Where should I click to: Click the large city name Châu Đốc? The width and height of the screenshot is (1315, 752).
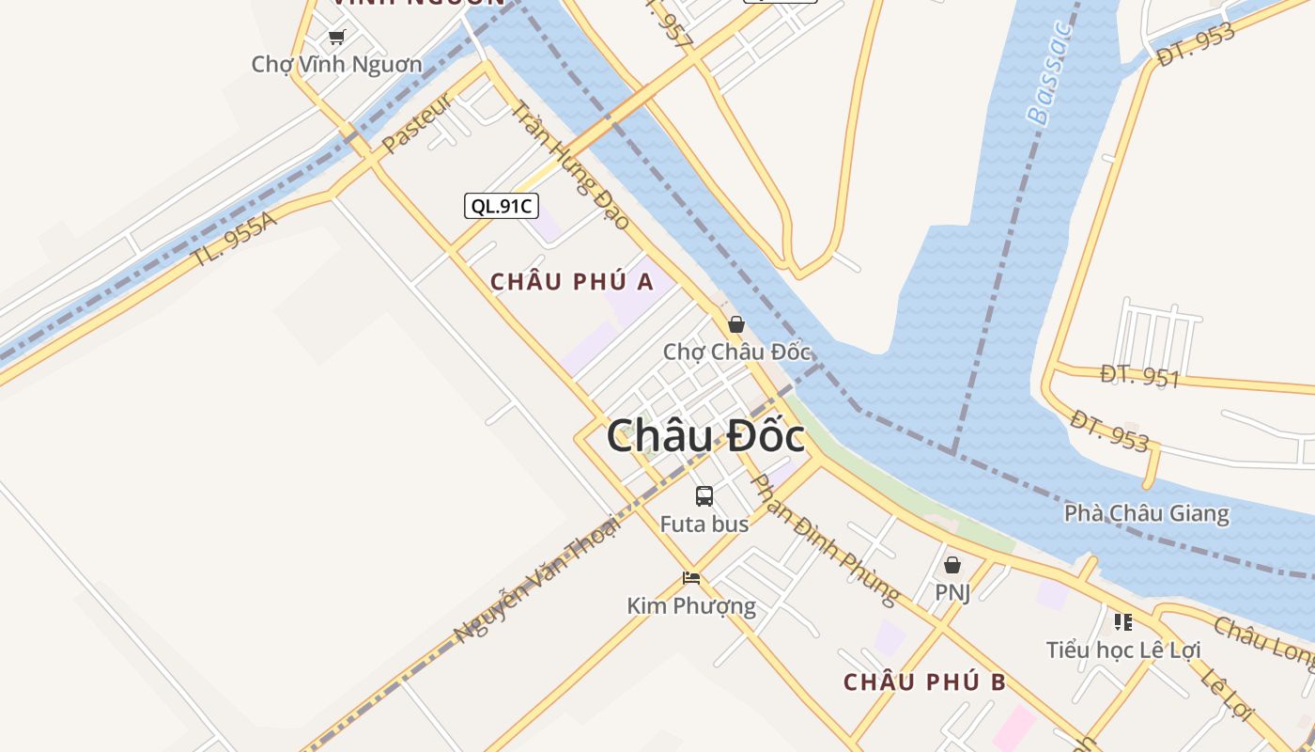tap(704, 437)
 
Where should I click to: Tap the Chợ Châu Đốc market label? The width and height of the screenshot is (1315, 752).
tap(736, 352)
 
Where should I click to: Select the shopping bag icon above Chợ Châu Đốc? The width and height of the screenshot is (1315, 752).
tap(736, 324)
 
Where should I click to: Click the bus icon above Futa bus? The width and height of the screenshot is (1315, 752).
tap(704, 496)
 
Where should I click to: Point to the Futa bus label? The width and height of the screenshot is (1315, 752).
tap(704, 525)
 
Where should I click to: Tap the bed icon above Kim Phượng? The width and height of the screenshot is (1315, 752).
tap(691, 577)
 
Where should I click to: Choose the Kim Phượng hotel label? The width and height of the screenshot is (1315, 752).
tap(691, 606)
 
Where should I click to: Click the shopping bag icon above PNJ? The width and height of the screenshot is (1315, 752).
tap(952, 565)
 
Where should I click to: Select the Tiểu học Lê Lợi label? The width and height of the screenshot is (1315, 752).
tap(1123, 650)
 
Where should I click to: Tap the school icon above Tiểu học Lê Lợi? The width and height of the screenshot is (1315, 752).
tap(1123, 621)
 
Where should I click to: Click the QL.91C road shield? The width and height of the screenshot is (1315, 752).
tap(502, 206)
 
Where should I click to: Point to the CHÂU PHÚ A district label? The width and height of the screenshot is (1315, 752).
tap(572, 281)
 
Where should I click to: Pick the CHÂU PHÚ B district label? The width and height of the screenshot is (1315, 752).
tap(924, 682)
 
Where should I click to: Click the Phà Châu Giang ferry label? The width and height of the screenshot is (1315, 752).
tap(1146, 514)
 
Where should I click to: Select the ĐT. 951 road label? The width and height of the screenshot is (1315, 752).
tap(1139, 377)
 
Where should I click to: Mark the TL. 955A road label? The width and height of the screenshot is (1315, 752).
tap(235, 241)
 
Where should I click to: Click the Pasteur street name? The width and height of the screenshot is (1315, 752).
tap(417, 125)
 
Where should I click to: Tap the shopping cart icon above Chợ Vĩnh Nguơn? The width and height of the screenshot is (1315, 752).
tap(337, 37)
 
